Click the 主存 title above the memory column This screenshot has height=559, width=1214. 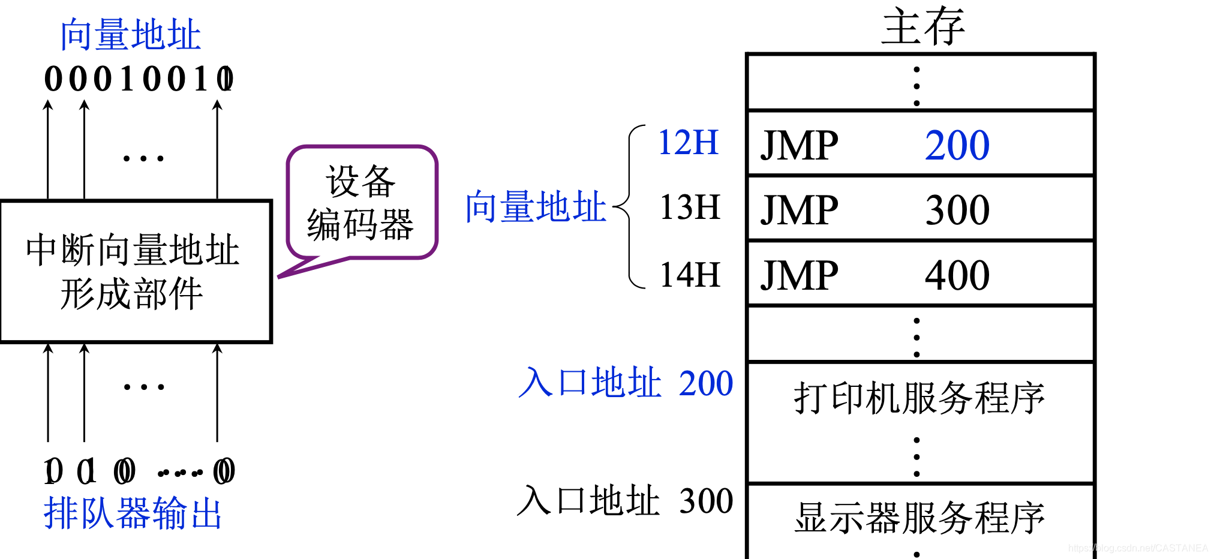[922, 27]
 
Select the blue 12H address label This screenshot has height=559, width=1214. [689, 143]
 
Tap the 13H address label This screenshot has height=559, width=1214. [690, 208]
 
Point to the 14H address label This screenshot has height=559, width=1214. [690, 275]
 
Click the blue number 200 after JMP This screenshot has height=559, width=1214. [957, 145]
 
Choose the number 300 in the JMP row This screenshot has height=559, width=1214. [957, 210]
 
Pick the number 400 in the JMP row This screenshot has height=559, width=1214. [957, 275]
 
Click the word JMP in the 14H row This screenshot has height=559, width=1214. [799, 275]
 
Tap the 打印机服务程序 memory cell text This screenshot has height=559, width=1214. [919, 398]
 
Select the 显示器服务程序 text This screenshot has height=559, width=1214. [919, 517]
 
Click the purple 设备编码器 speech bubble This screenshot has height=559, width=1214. [362, 203]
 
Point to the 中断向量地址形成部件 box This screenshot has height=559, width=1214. [136, 271]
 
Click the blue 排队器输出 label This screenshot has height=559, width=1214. [133, 513]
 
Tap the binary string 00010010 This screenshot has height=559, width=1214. [139, 79]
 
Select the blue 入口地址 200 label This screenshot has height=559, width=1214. [626, 383]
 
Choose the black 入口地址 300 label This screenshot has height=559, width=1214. [624, 501]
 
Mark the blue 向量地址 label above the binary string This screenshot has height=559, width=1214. [130, 35]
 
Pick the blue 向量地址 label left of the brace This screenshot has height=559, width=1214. [536, 207]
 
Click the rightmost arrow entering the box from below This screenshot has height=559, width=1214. [217, 393]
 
